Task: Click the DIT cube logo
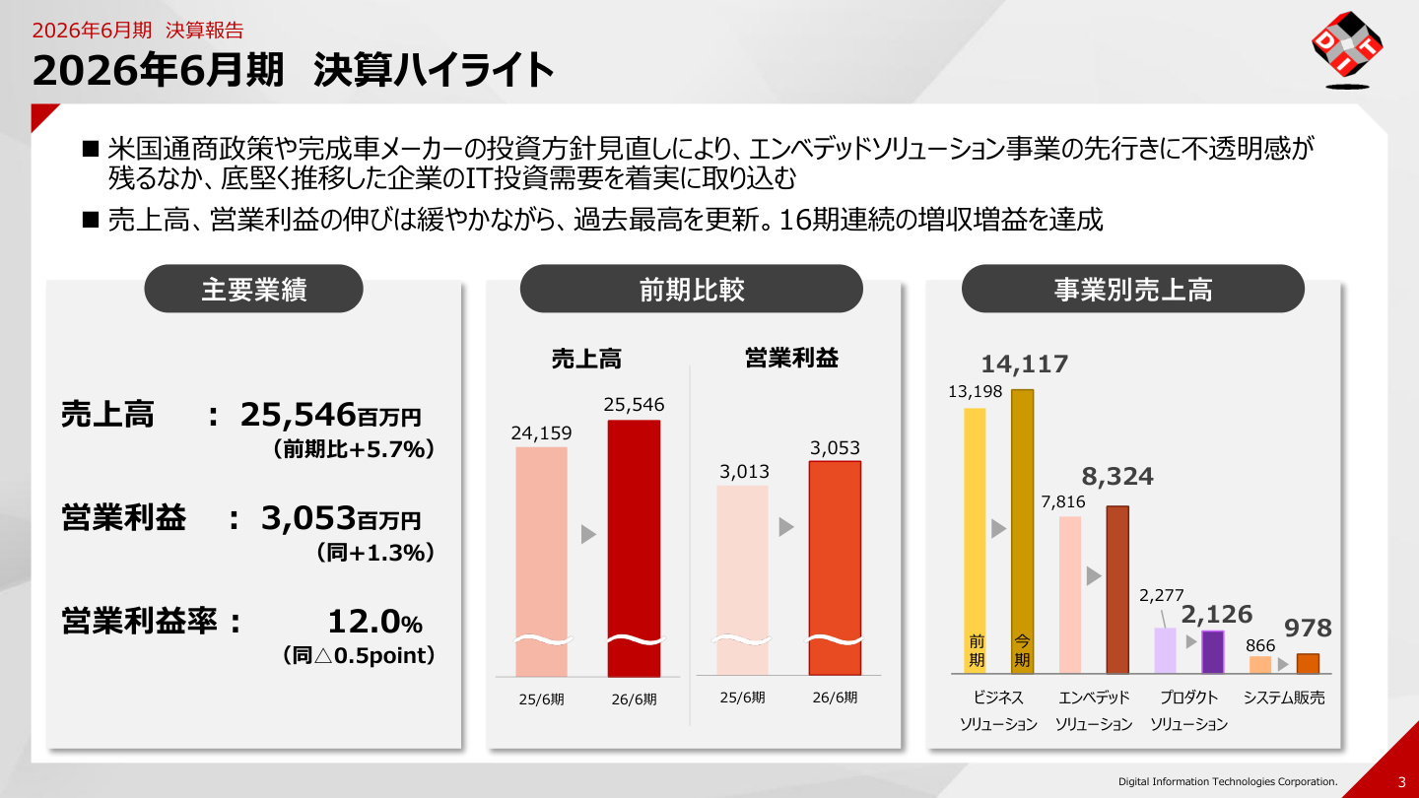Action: pos(1347,49)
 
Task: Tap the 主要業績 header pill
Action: pos(253,289)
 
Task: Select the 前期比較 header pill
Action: pos(691,289)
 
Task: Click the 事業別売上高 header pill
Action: pos(1132,289)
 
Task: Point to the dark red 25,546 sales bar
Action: pos(634,549)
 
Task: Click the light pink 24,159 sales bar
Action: pos(541,562)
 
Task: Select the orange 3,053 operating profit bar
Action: pos(835,568)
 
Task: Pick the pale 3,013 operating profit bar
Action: pos(742,580)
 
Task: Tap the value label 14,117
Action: pos(1025,365)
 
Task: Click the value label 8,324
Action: pos(1117,476)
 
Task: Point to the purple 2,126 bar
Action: pos(1212,652)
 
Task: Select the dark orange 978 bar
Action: pos(1308,664)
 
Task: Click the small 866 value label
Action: pos(1260,645)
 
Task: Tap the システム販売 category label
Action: pos(1283,698)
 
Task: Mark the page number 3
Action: pos(1401,782)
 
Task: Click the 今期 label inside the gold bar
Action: pos(1022,651)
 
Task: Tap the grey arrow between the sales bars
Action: pos(588,534)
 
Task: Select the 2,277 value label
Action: pos(1161,595)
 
